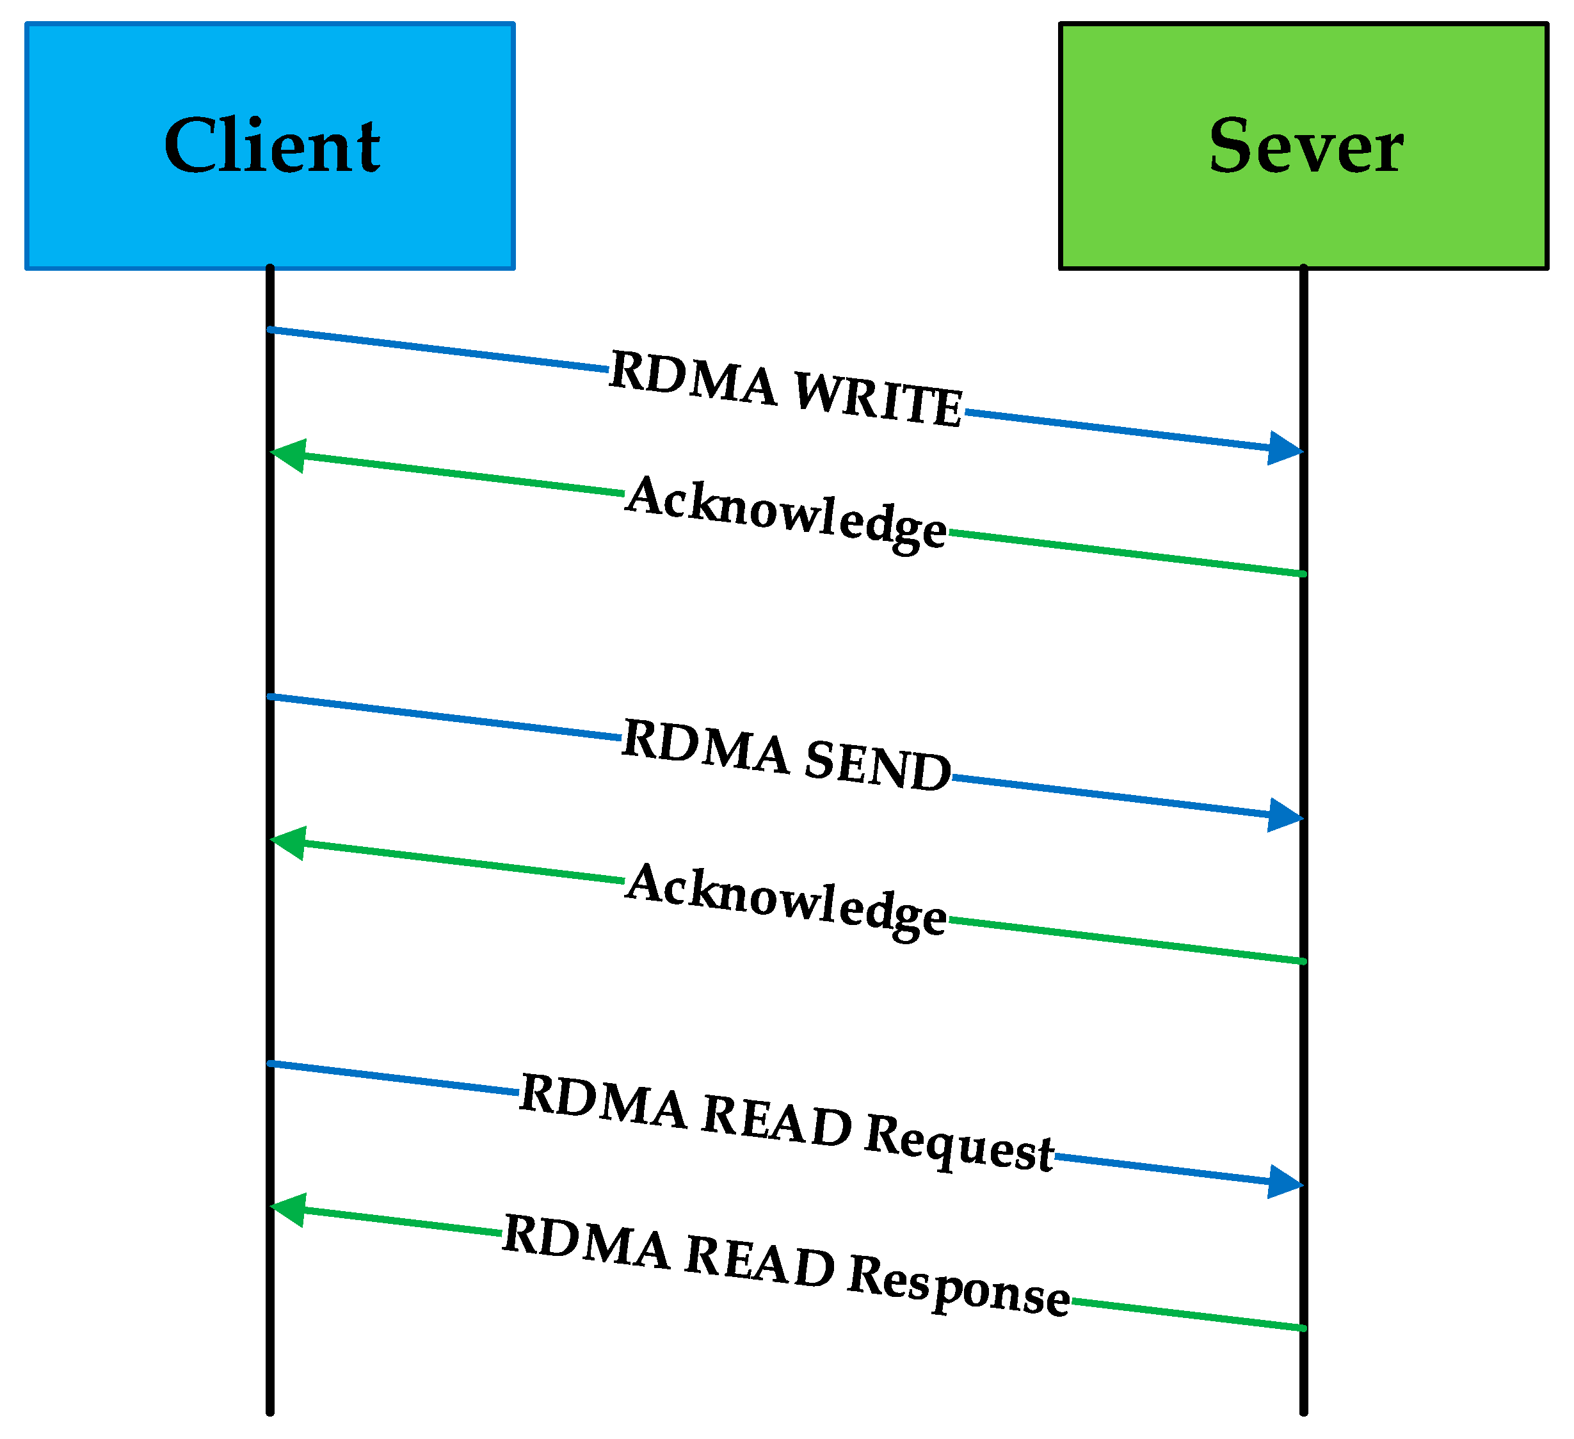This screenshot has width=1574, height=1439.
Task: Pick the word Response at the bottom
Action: (959, 1285)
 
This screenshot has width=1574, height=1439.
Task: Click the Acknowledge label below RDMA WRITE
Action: (786, 513)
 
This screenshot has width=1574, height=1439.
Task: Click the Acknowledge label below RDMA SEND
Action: (786, 900)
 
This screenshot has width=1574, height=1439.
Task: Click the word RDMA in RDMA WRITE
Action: (693, 379)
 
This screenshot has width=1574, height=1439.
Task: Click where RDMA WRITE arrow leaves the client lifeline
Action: (270, 330)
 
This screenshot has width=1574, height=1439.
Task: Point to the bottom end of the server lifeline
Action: (1304, 1410)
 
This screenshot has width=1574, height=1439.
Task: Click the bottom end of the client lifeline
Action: (270, 1410)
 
